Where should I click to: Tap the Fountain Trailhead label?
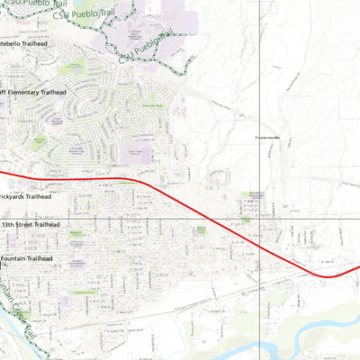point(27,259)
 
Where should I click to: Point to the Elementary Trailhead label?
point(38,92)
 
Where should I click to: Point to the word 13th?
point(10,224)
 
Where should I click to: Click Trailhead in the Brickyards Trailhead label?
point(38,196)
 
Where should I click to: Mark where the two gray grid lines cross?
point(260,218)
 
